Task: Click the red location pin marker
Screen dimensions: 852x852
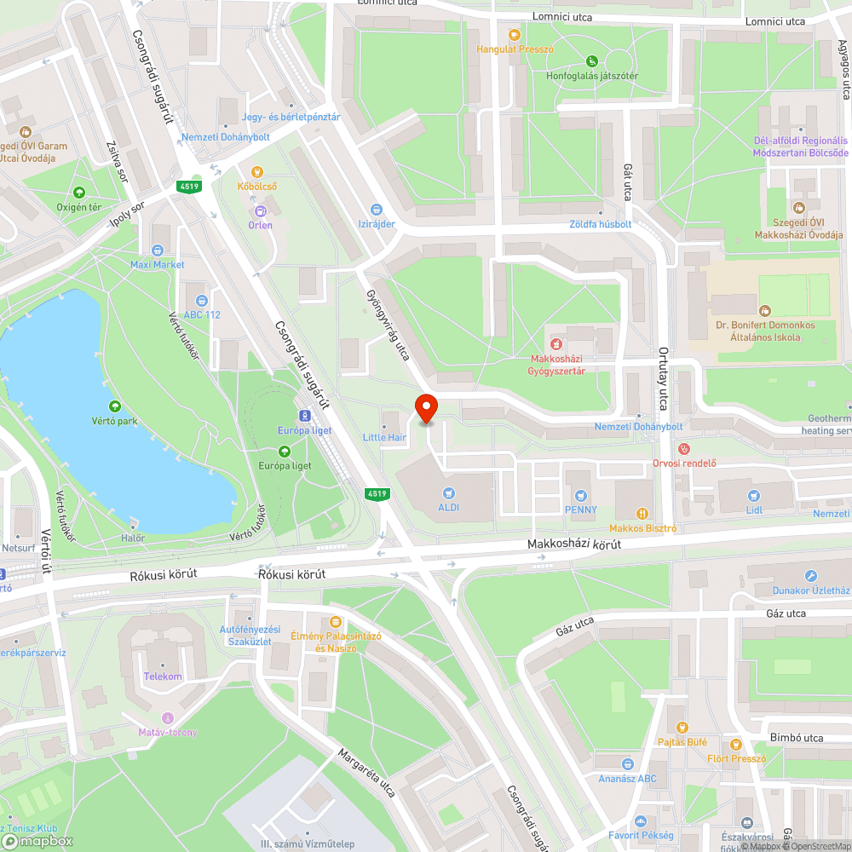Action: coord(425,410)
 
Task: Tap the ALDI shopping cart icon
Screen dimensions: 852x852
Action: coord(448,492)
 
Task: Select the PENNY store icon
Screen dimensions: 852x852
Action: coord(581,495)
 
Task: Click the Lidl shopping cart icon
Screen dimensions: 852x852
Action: coord(753,495)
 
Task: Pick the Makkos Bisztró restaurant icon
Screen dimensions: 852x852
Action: coord(643,514)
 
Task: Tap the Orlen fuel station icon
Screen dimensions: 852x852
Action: coord(260,210)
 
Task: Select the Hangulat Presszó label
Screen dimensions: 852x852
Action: coord(515,49)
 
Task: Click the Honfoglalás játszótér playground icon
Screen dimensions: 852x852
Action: coord(592,60)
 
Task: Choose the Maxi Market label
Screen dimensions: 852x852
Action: coord(157,265)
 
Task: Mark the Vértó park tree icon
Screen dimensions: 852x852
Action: coord(115,406)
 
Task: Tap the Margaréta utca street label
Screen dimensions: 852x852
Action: coord(366,774)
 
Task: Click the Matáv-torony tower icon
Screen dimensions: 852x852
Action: coord(167,717)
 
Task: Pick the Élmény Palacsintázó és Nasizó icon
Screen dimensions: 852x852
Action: coord(336,621)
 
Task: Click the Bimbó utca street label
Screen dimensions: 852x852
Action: coord(795,738)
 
